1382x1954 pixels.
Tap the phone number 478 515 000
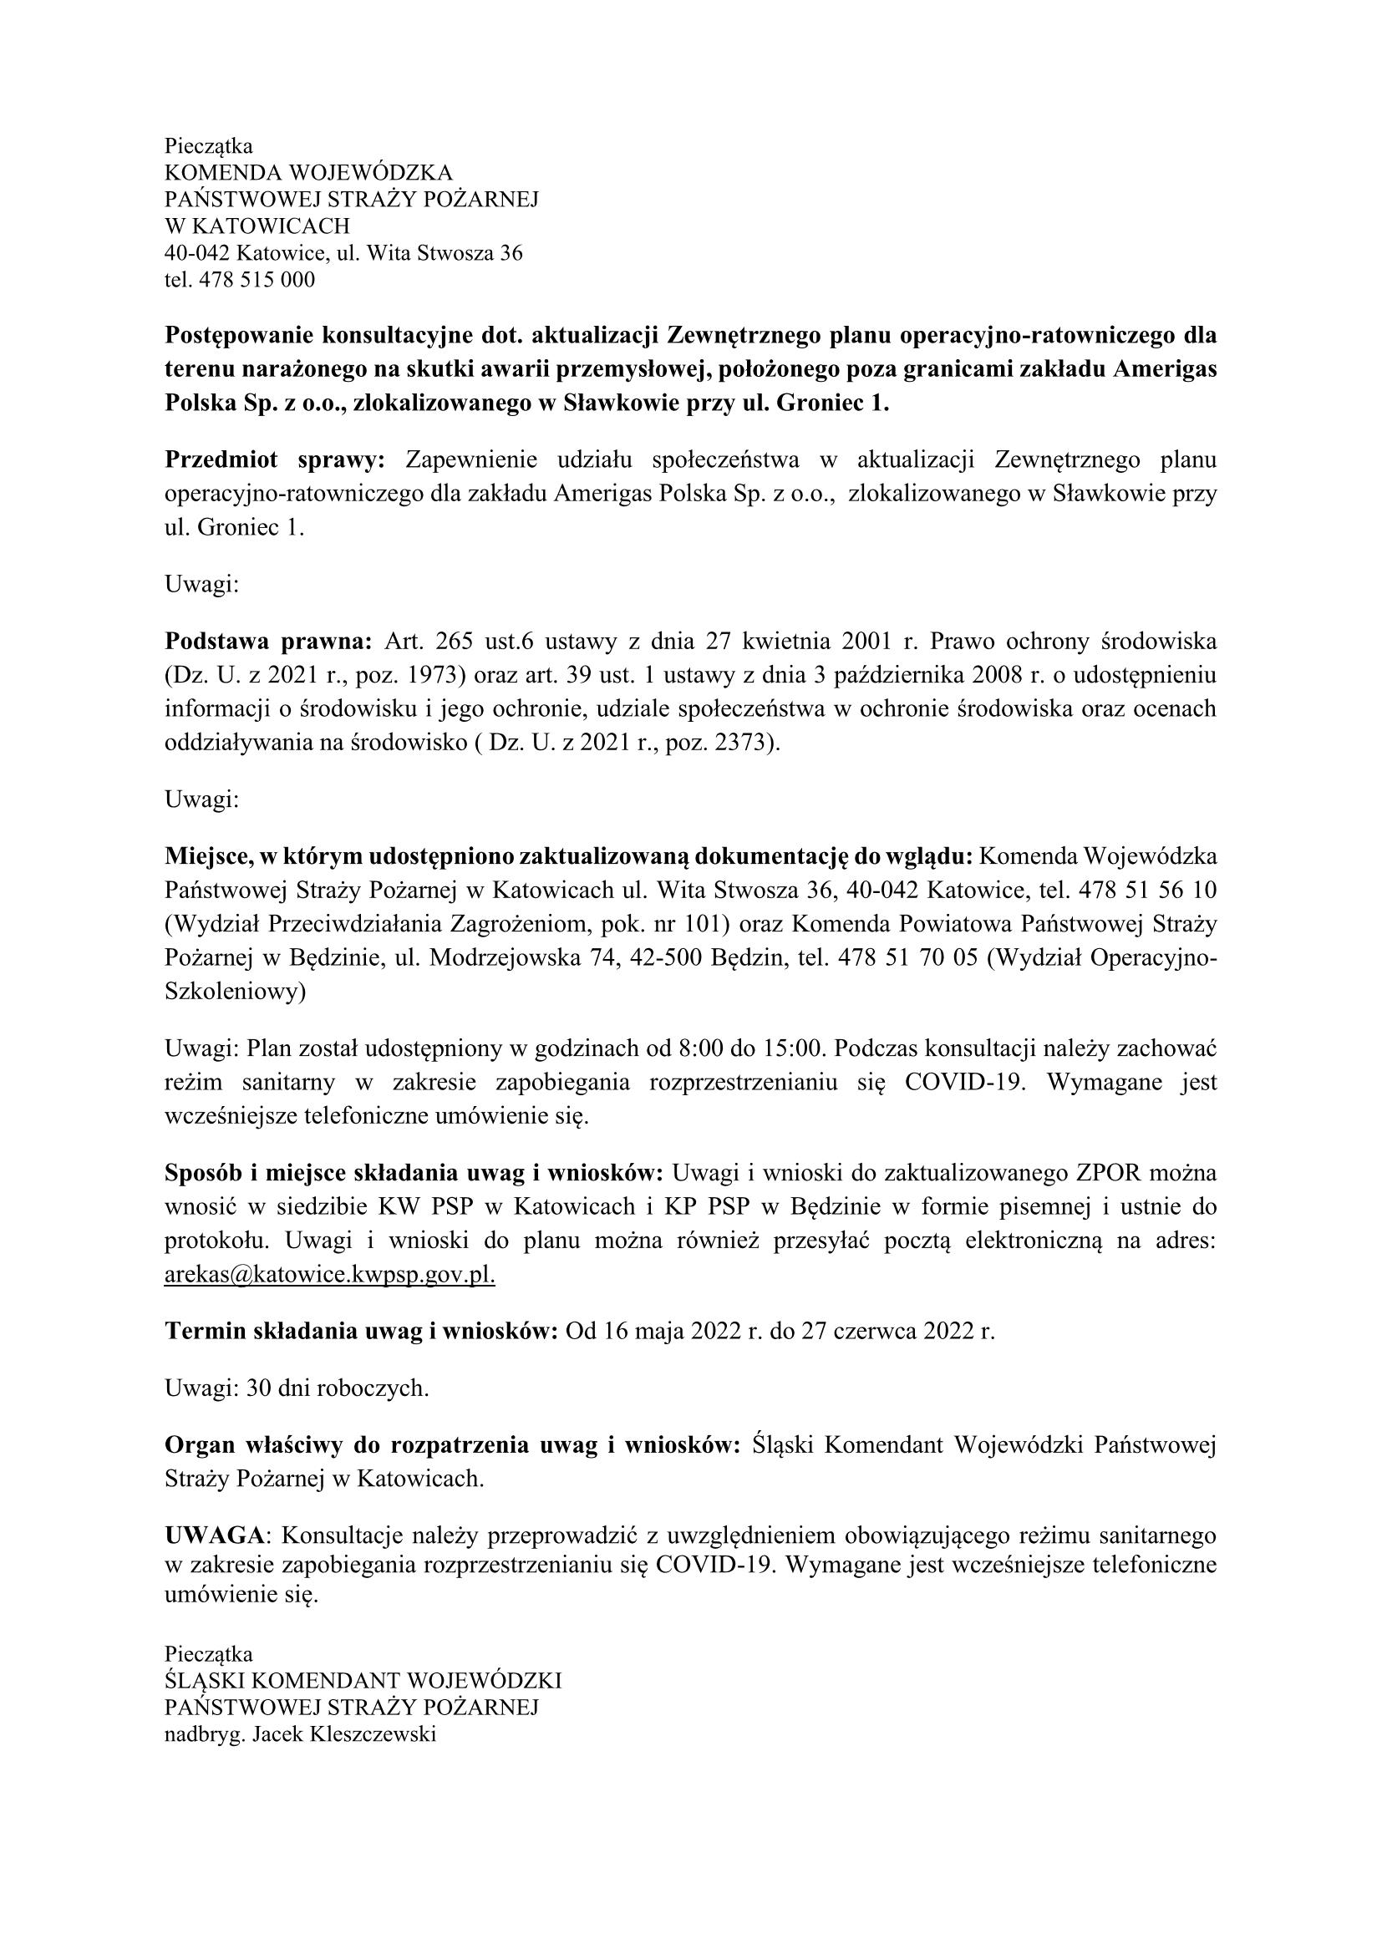click(x=257, y=280)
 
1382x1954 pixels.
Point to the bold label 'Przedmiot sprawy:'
click(x=275, y=460)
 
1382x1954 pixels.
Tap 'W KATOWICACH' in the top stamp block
click(x=257, y=226)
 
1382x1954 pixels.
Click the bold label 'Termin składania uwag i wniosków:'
click(x=361, y=1330)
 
